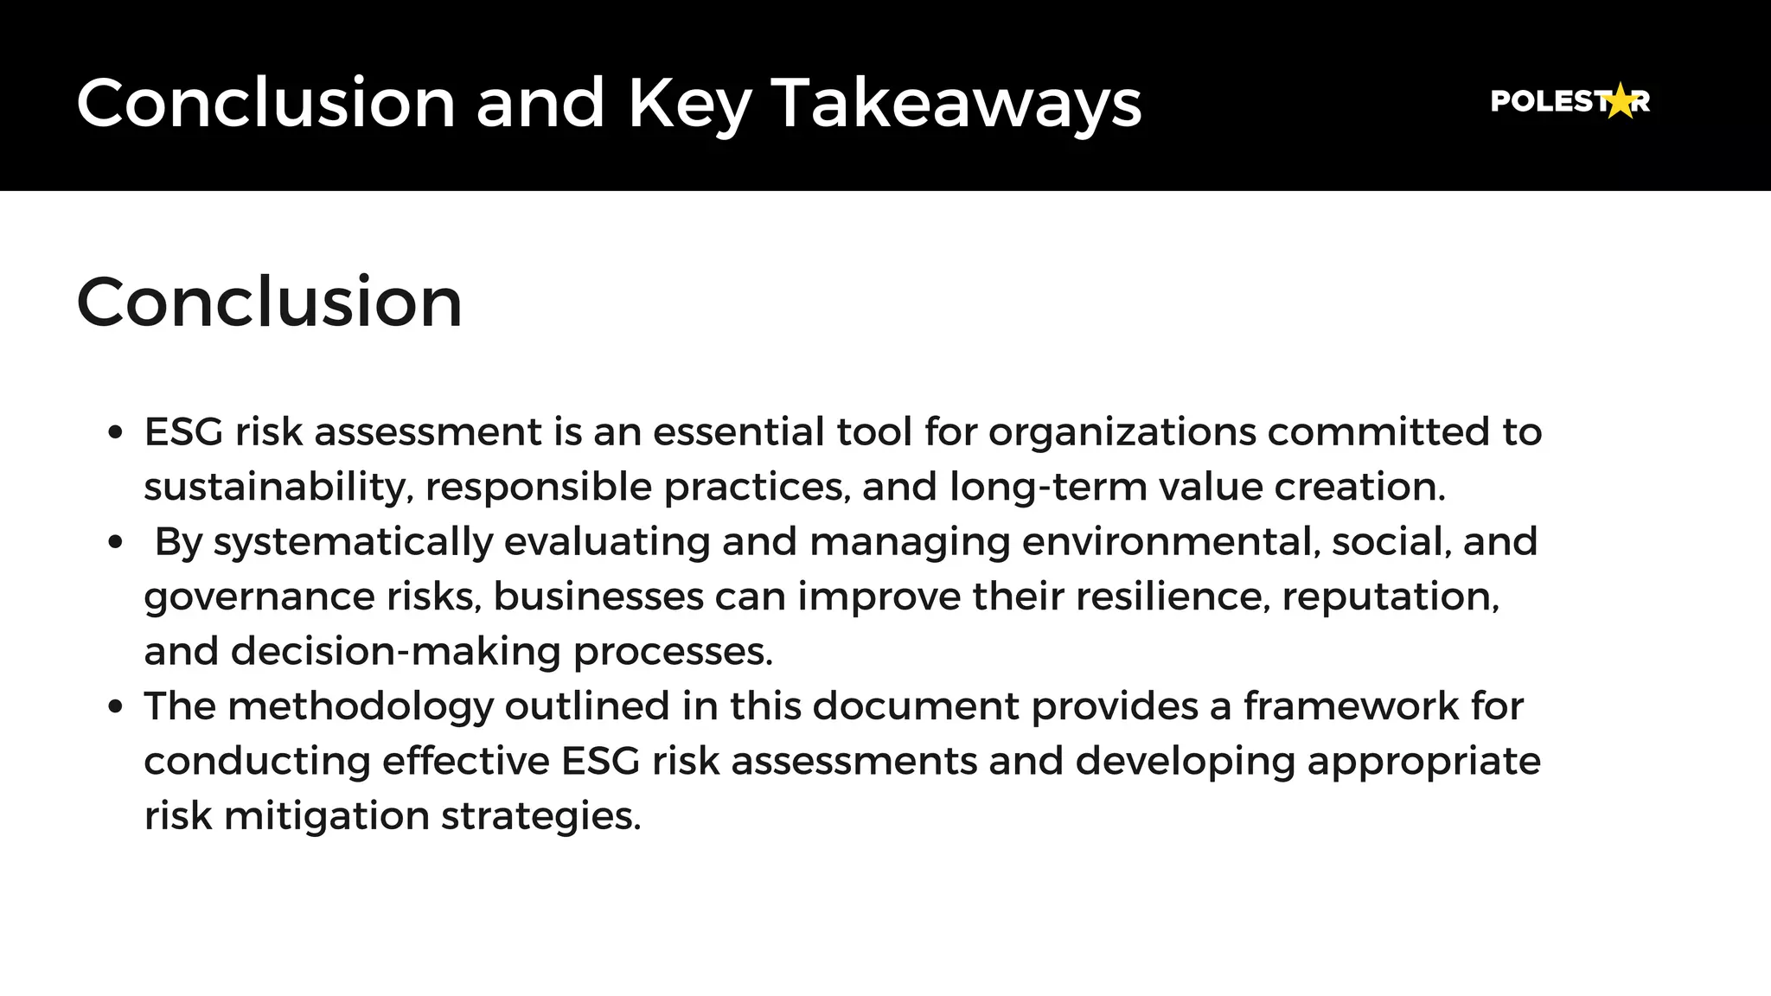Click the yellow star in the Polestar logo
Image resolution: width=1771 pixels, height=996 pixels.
coord(1621,101)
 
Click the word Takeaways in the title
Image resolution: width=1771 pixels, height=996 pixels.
coord(956,103)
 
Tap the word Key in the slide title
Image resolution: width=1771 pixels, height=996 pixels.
coord(689,103)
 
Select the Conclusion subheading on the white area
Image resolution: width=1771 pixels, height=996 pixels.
coord(269,302)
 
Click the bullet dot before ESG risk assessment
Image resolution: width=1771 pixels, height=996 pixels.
coord(116,432)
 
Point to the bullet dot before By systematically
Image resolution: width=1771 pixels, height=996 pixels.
coord(116,542)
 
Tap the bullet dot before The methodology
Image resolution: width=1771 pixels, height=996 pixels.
coord(116,706)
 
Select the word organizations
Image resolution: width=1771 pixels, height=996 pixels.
coord(1122,431)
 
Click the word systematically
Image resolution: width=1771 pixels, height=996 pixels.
coord(353,542)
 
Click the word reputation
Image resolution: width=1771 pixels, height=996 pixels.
coord(1390,597)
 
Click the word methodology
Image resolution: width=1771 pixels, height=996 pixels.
coord(360,706)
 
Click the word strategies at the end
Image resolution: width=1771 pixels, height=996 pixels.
coord(540,816)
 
